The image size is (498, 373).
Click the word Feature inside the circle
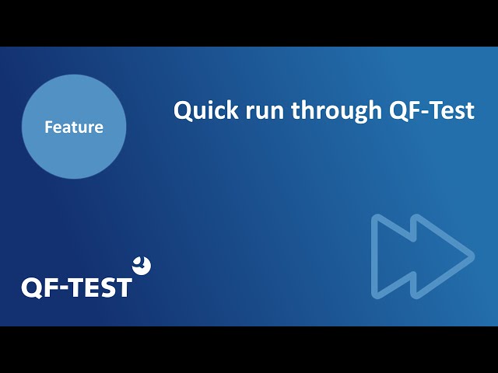74,127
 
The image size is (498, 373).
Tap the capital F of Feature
48,127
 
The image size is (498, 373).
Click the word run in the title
265,113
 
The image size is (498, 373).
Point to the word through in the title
336,112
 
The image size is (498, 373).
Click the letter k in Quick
233,110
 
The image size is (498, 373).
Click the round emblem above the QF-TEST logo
142,266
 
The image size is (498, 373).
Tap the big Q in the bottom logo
31,288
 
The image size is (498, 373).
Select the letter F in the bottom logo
51,288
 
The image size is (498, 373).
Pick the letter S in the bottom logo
107,288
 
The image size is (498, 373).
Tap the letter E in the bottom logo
92,288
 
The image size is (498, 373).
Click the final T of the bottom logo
123,288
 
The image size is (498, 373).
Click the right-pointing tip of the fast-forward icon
474,256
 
